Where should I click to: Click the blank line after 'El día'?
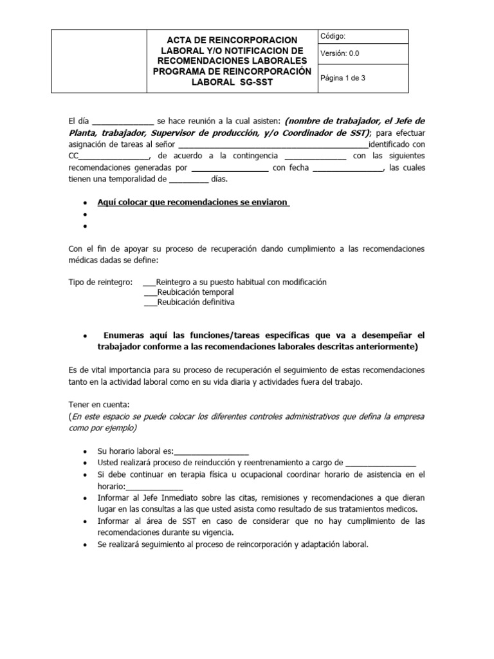123,122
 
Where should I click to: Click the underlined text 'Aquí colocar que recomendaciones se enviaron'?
192,202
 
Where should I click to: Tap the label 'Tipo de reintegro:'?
100,282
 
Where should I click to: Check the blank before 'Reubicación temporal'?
150,292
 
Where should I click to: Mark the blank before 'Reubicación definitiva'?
150,302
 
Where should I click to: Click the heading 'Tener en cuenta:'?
99,404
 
